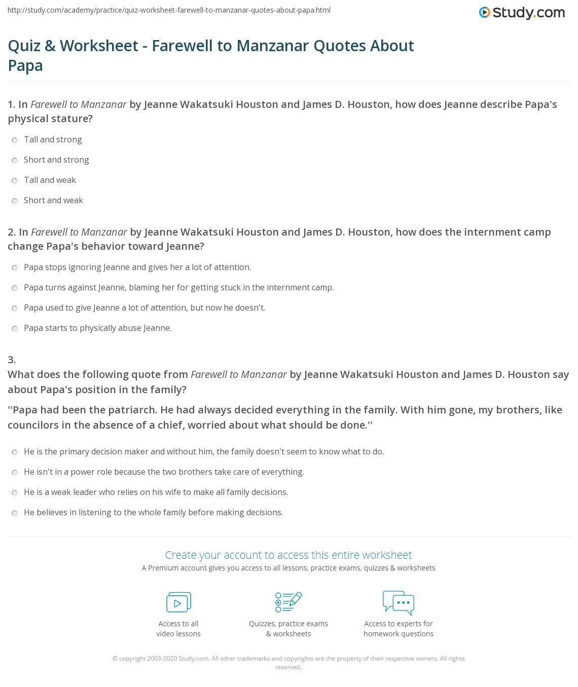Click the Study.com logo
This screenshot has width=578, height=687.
coord(522,13)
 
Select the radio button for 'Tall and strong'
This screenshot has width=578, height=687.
coord(15,140)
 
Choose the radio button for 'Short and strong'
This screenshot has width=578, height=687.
coord(15,160)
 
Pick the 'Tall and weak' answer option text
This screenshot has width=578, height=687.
coord(50,180)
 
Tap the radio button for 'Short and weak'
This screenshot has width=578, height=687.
coord(15,201)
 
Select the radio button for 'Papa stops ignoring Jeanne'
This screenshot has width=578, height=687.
coord(15,268)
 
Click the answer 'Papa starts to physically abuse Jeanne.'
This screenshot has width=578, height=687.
coord(97,328)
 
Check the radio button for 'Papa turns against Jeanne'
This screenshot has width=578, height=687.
coord(15,288)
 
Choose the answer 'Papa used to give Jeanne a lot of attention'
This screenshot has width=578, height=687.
coord(144,308)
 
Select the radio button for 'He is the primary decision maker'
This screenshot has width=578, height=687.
coord(15,452)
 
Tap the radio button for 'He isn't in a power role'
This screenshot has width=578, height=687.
coord(15,472)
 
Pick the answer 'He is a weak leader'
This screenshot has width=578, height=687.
coord(156,492)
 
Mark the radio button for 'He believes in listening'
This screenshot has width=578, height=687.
coord(15,513)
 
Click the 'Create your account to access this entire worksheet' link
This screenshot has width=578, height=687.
coord(288,555)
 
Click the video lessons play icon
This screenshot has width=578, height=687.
coord(178,602)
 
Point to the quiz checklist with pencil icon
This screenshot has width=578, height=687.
coord(288,602)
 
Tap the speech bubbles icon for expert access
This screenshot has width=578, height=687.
coord(399,602)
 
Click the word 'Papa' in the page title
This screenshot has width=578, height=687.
coord(25,66)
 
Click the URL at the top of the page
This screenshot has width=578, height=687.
coord(169,10)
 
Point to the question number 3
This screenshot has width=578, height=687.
coord(12,360)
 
